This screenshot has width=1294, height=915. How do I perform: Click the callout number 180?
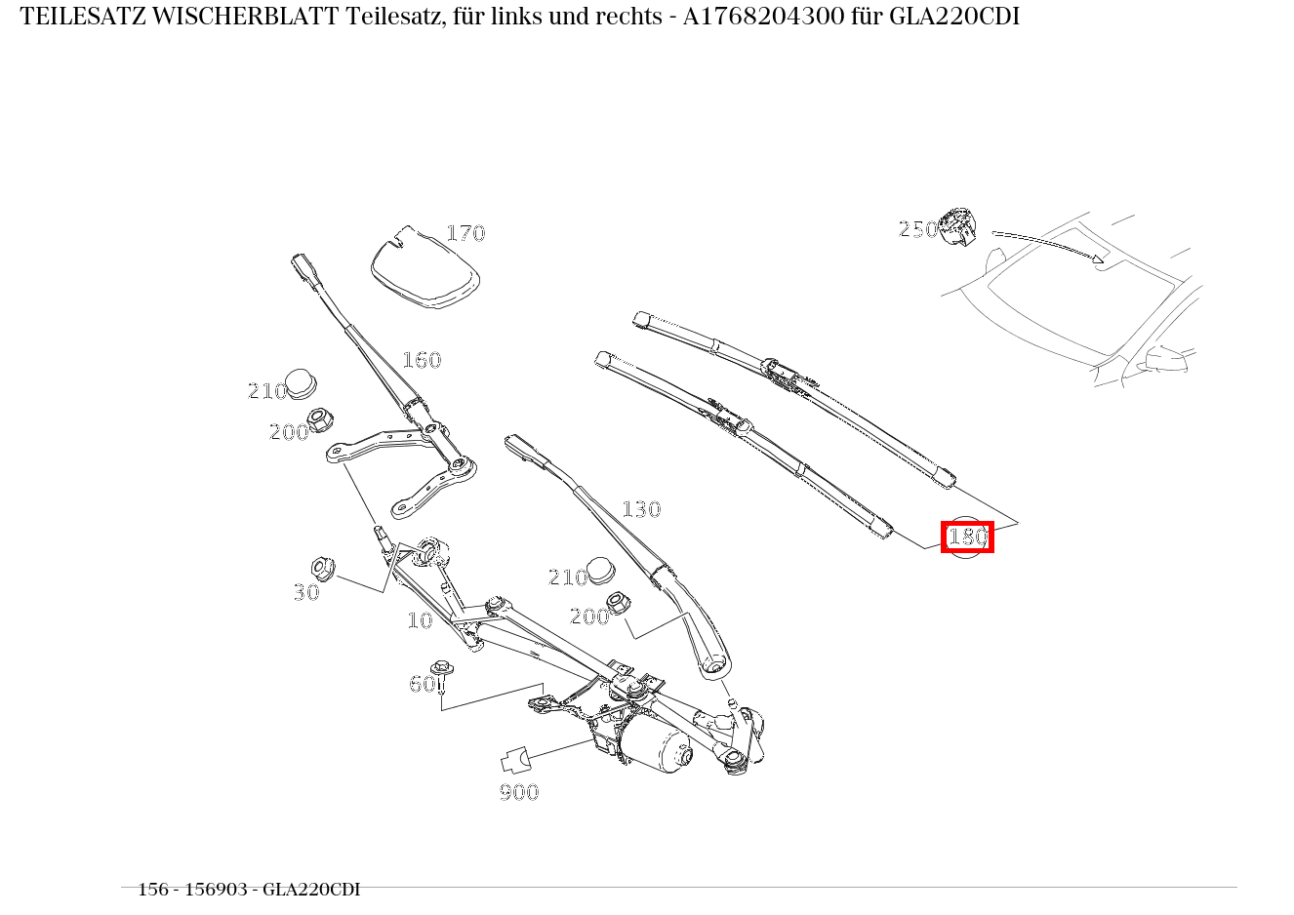coord(967,537)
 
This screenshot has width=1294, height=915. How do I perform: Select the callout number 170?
coord(465,233)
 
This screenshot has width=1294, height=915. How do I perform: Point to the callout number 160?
coord(422,360)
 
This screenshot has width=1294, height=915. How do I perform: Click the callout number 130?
coord(641,509)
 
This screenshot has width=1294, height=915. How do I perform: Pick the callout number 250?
coord(917,229)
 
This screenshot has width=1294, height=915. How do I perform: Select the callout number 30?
coord(305,592)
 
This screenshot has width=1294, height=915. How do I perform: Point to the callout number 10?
coord(419,620)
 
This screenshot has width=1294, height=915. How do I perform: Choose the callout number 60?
coord(422,684)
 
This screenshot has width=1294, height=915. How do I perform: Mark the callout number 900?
coord(519,792)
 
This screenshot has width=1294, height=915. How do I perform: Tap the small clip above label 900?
coord(515,759)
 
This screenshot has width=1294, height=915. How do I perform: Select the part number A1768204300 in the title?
coord(750,17)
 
